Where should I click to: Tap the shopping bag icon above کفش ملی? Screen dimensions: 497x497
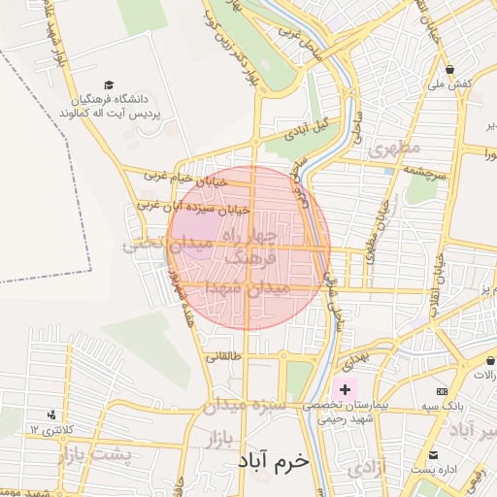451,69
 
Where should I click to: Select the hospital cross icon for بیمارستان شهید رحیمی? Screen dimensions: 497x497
347,389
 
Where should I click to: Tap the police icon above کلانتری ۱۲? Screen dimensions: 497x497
49,415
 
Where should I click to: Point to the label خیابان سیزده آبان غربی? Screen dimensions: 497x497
192,207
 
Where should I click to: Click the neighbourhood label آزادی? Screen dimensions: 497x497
367,468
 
